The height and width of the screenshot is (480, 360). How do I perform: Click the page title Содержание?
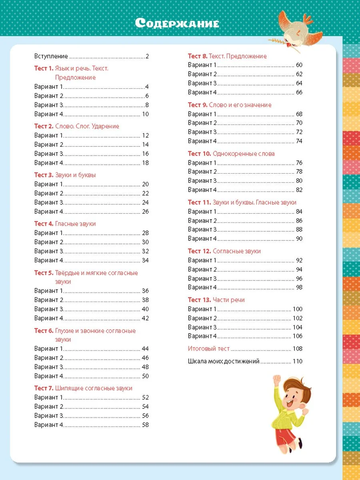coord(177,23)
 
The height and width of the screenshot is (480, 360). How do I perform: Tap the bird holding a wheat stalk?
coord(296,28)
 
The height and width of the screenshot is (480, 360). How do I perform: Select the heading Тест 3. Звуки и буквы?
coord(65,175)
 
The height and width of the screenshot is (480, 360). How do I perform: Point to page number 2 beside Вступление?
coord(147,56)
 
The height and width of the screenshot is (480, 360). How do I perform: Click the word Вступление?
coord(51,56)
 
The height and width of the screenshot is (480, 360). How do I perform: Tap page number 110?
coord(298,361)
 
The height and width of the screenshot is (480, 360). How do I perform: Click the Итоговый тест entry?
coord(209,348)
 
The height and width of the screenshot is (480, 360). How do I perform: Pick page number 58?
coord(145,425)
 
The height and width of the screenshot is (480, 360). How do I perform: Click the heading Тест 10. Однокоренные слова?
coord(231,154)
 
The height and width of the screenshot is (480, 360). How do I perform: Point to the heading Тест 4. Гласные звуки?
coord(65,224)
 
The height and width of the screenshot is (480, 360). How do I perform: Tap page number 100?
coord(298,309)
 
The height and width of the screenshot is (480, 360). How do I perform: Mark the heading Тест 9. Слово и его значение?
coord(230,105)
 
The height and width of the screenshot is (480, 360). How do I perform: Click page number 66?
coord(299,92)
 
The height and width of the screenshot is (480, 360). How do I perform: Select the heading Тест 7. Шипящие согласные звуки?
coord(83,388)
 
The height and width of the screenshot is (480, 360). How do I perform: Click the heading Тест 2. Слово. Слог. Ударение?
coord(77,126)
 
